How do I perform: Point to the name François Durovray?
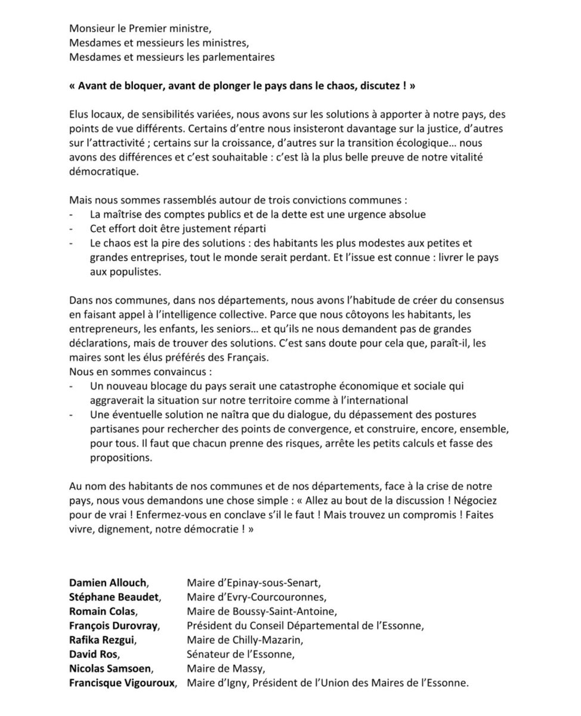coord(109,625)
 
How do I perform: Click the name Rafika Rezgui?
coord(99,640)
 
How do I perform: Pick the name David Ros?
coord(90,654)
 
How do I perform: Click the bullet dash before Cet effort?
coord(72,229)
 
